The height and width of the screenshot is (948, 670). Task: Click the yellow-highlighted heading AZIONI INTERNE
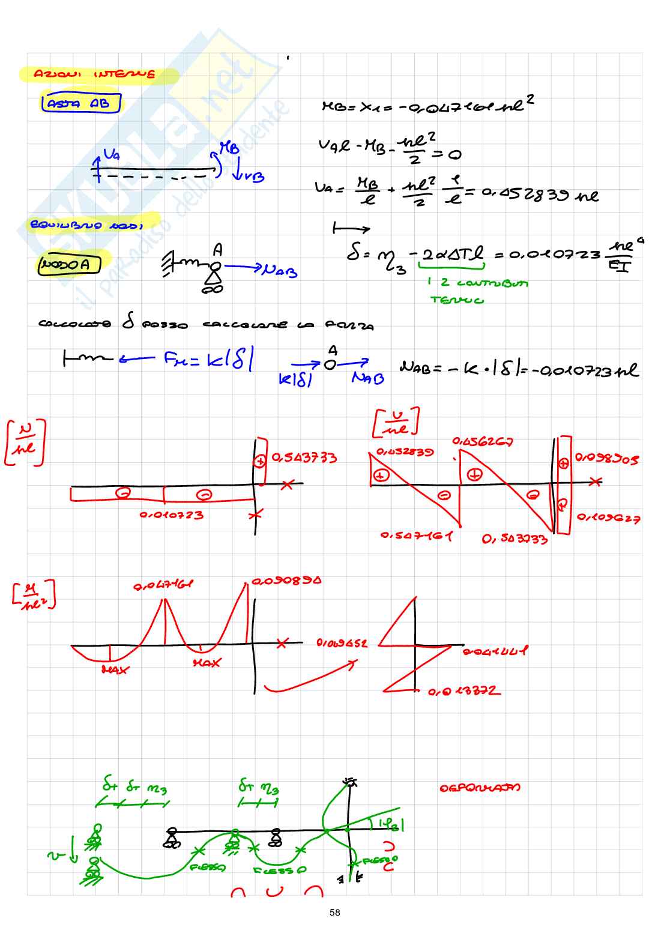(x=94, y=74)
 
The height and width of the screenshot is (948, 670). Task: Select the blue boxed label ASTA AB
(x=80, y=103)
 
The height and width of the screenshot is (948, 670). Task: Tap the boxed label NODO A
(x=68, y=265)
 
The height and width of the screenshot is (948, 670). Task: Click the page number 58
(x=334, y=913)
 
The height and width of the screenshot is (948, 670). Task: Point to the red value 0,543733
(x=304, y=458)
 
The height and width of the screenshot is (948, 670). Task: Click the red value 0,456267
(x=483, y=442)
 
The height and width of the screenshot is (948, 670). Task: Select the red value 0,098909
(x=606, y=459)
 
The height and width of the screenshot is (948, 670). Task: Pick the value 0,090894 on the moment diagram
(x=286, y=581)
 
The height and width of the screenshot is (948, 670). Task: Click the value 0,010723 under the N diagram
(x=171, y=515)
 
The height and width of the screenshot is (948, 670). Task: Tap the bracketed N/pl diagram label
(x=25, y=442)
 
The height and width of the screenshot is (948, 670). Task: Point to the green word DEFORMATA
(x=480, y=788)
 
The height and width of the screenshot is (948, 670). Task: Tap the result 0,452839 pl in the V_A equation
(x=539, y=195)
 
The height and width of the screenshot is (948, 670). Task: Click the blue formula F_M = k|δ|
(x=208, y=360)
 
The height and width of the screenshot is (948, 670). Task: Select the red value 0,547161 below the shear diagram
(x=417, y=536)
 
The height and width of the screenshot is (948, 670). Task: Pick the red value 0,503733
(x=515, y=539)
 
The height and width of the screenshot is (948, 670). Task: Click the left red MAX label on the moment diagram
(x=115, y=670)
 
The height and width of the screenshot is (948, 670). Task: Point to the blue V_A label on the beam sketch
(x=112, y=155)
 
